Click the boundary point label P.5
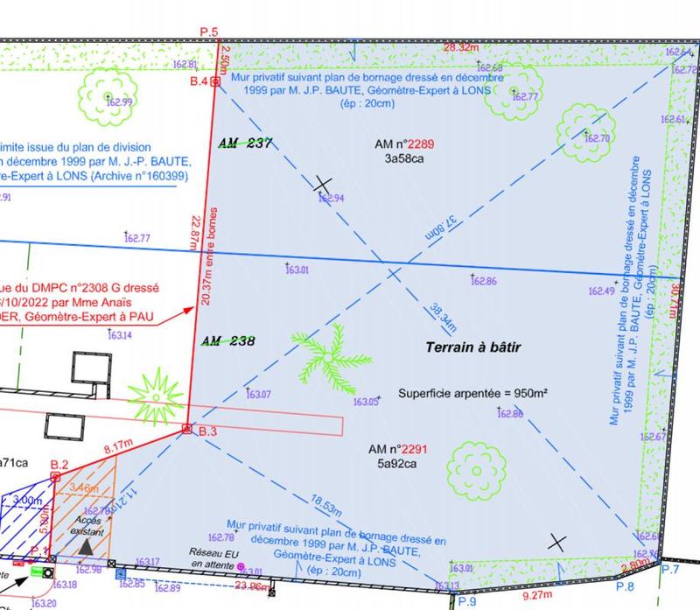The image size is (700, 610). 208,32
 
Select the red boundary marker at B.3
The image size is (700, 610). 186,429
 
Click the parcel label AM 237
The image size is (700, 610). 246,144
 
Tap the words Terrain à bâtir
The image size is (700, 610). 473,347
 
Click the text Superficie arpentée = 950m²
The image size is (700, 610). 473,394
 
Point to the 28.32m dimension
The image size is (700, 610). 461,47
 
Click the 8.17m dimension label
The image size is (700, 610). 117,449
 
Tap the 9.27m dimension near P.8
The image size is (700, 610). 539,596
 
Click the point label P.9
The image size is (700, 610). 466,602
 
